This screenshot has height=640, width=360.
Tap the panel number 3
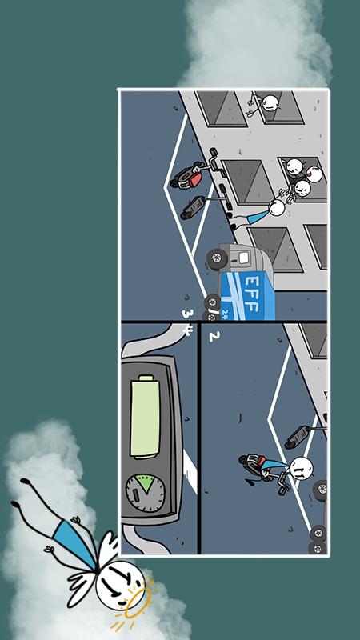187,314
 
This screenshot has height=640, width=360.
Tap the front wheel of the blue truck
217,258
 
